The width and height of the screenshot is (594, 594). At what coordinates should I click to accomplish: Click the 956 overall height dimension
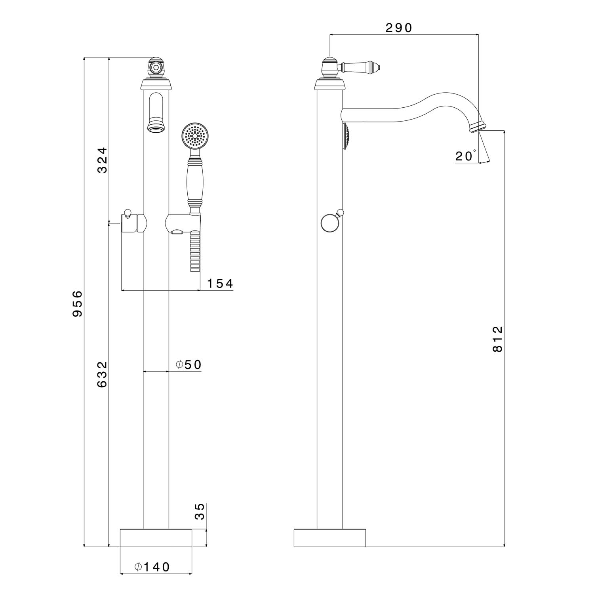point(78,304)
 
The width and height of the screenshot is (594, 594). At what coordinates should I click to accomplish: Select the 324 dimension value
point(102,160)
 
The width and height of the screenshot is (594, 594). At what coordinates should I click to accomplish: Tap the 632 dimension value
point(102,374)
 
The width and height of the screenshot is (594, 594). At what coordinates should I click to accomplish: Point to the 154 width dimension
point(220,284)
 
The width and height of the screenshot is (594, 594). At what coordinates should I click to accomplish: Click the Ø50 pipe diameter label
point(189,365)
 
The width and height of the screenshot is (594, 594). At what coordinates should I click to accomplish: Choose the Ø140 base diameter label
point(152,567)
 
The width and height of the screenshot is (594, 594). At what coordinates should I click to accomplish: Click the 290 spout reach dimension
point(399,28)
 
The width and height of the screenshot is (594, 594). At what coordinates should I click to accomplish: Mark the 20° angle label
point(465,156)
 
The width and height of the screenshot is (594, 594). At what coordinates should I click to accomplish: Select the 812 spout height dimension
point(497,339)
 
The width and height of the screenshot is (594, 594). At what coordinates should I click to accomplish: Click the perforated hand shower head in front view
point(194,136)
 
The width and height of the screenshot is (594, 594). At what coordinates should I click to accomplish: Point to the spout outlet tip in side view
point(478,128)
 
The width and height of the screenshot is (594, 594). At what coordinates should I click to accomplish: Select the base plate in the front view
point(156,538)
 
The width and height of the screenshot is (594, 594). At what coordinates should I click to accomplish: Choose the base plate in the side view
point(329,538)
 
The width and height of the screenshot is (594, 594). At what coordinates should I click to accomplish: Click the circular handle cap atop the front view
point(156,67)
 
